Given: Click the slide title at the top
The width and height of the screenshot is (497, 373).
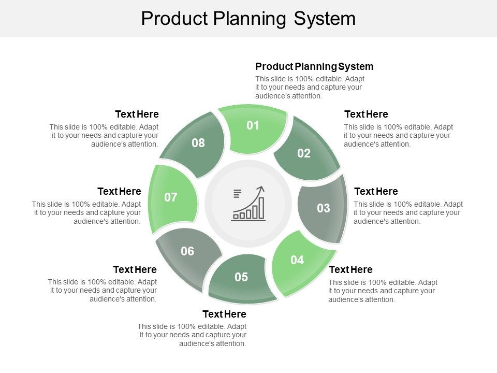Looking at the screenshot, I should point(248,19).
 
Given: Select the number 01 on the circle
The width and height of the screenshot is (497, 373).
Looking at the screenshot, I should point(253,125).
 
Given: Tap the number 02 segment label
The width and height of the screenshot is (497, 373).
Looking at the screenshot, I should point(304,153).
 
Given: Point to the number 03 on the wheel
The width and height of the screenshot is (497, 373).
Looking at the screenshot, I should point(324,208).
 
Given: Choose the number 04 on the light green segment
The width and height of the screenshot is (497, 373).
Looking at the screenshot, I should point(297,260).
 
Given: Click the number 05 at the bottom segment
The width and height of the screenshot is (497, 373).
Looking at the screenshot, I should point(241,277).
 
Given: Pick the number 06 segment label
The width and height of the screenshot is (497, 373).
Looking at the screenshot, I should point(187,251).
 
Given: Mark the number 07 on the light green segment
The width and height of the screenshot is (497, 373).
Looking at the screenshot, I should point(171,197).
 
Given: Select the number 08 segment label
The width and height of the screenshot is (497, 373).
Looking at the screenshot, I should point(198,143).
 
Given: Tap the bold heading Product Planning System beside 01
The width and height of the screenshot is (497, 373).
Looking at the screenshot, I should point(314,67).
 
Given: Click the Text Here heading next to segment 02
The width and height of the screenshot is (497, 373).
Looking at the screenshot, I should point(366,114).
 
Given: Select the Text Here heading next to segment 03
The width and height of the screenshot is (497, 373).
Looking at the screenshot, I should point(376,192).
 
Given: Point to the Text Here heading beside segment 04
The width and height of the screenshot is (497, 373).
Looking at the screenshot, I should point(350,270).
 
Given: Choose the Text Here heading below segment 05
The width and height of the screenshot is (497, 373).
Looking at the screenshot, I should point(224,314).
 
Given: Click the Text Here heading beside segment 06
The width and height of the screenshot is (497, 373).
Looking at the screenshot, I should point(135,270).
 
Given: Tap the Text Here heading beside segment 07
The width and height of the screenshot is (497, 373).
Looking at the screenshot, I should point(119,192).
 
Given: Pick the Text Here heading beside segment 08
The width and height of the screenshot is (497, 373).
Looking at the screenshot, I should point(137,114).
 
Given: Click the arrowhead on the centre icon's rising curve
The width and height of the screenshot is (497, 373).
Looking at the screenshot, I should point(261,189).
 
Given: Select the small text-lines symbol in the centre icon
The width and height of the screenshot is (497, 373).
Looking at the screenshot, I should point(238,194).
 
